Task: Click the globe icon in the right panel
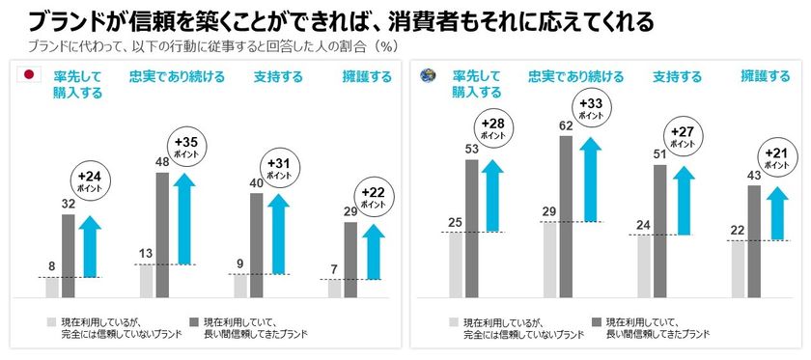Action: pos(425,75)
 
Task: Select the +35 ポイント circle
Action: pos(185,147)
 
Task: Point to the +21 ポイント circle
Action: pos(777,157)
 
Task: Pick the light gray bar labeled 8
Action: pos(52,288)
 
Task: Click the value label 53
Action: pos(471,149)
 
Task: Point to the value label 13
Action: pos(147,254)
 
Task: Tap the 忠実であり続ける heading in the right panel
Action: pos(569,77)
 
